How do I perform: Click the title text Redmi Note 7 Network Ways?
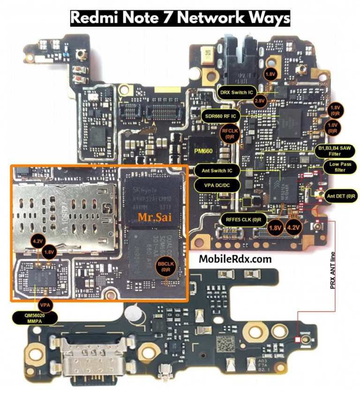coord(180,18)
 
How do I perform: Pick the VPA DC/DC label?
coord(213,185)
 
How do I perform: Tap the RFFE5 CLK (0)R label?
coord(243,219)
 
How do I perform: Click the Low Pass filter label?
coord(341,167)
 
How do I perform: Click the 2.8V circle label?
coord(260,101)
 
